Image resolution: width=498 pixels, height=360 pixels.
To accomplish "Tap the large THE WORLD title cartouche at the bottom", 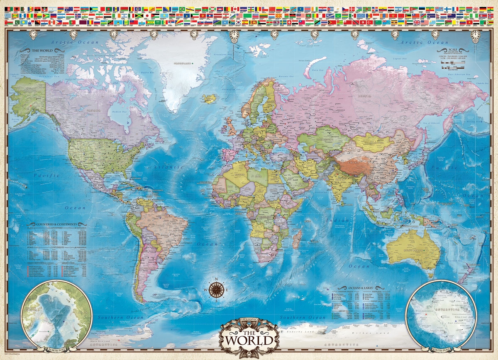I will (249, 336).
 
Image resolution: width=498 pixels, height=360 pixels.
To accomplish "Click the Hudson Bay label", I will (119, 113).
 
